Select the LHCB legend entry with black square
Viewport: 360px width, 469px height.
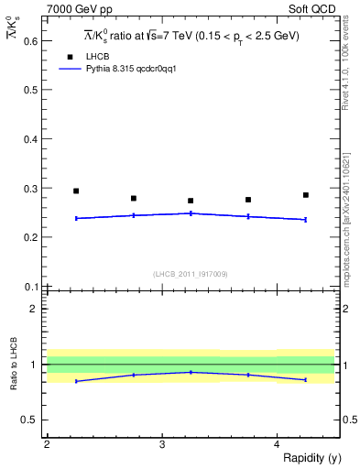tap(84, 57)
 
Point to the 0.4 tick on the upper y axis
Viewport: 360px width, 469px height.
tap(30, 139)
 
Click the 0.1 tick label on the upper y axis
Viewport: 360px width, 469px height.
tap(30, 286)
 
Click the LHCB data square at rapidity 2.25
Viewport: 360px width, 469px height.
tap(76, 191)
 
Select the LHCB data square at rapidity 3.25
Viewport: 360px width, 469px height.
tap(191, 201)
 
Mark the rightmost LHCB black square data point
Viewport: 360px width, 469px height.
tap(306, 195)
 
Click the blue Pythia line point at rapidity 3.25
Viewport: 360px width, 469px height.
tap(191, 213)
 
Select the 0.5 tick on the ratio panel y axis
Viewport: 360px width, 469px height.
tap(30, 420)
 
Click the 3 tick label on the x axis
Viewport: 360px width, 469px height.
tap(161, 444)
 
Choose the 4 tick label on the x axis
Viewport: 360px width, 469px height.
tap(277, 444)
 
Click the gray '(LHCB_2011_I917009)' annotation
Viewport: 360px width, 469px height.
tap(191, 274)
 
